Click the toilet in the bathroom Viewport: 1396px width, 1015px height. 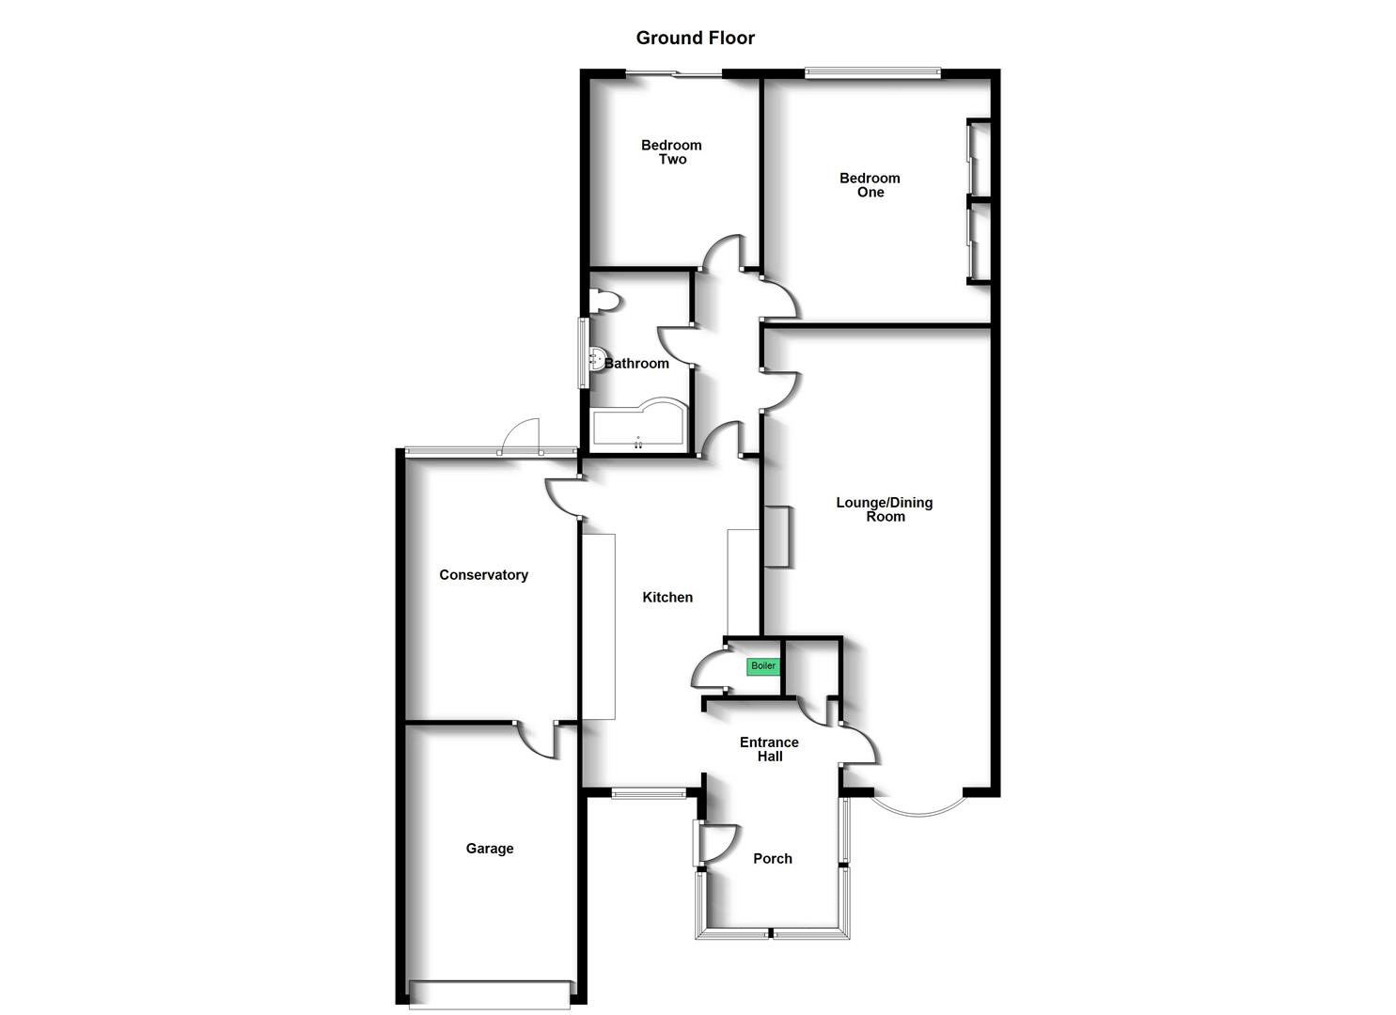(x=604, y=301)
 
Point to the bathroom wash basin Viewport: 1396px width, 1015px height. (x=597, y=360)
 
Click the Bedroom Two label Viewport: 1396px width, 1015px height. (x=671, y=152)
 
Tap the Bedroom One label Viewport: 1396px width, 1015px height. (x=870, y=185)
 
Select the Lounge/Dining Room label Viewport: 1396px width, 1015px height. (x=885, y=509)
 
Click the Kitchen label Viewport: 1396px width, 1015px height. (x=667, y=597)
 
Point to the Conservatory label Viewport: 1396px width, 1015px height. (x=483, y=575)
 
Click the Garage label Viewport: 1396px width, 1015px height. (x=490, y=848)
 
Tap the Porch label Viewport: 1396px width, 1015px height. (x=773, y=859)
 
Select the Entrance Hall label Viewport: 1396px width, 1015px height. (x=769, y=749)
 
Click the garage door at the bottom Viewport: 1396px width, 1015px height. (x=490, y=1003)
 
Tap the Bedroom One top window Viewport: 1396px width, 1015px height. (x=872, y=73)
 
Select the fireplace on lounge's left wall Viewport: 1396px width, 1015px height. (x=777, y=537)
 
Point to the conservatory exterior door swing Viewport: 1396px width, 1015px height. (x=521, y=435)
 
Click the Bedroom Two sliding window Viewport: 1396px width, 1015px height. (x=674, y=74)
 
